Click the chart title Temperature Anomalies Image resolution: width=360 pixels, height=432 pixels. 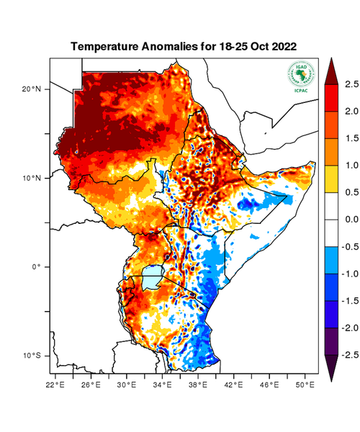pos(184,46)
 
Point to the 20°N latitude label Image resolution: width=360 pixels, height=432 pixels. pos(32,89)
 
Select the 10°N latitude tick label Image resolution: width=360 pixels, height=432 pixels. pos(32,178)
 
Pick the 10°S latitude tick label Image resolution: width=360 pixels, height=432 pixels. pos(32,356)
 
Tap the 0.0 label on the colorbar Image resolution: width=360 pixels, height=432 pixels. pos(351,220)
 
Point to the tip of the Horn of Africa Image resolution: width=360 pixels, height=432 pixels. pos(314,163)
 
